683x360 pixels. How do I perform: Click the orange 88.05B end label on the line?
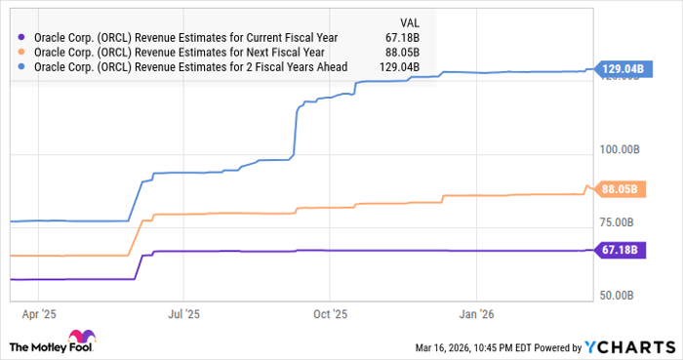pyautogui.click(x=619, y=189)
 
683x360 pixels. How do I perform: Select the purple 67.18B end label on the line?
pyautogui.click(x=619, y=250)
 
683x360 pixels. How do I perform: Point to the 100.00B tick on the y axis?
pyautogui.click(x=619, y=149)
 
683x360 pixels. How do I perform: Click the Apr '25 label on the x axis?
pyautogui.click(x=38, y=315)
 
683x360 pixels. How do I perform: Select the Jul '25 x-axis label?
pyautogui.click(x=183, y=315)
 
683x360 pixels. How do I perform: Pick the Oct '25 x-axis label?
pyautogui.click(x=330, y=315)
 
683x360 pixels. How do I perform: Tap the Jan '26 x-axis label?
pyautogui.click(x=476, y=315)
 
